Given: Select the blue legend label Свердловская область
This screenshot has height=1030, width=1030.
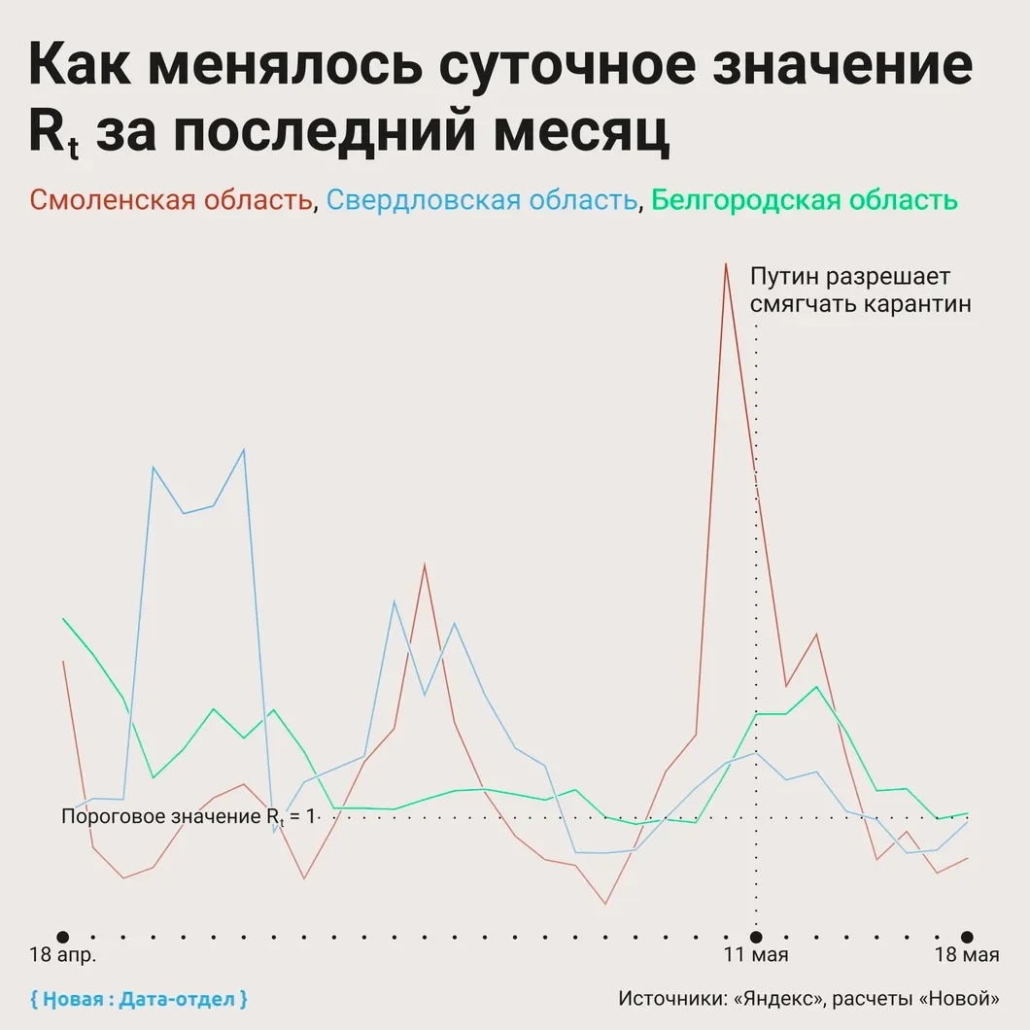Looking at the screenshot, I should (481, 201).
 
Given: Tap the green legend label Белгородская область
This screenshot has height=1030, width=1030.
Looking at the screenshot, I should (805, 201).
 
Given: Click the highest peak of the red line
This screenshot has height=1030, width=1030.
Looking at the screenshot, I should (725, 263).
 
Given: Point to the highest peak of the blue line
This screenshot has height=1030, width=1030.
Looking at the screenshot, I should (244, 449).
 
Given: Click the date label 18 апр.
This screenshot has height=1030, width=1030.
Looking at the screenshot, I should (64, 955).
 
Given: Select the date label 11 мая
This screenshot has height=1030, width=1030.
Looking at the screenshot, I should (756, 955).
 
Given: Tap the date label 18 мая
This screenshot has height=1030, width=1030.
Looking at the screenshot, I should (967, 955).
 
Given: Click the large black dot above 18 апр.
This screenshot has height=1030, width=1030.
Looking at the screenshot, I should (63, 936).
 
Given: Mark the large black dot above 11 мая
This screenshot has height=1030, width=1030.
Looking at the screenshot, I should (756, 936).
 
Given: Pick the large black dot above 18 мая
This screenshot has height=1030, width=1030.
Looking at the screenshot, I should (967, 936).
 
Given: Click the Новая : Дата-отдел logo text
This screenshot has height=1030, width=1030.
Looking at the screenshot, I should (139, 998).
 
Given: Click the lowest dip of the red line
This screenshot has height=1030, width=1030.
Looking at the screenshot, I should (604, 904).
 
